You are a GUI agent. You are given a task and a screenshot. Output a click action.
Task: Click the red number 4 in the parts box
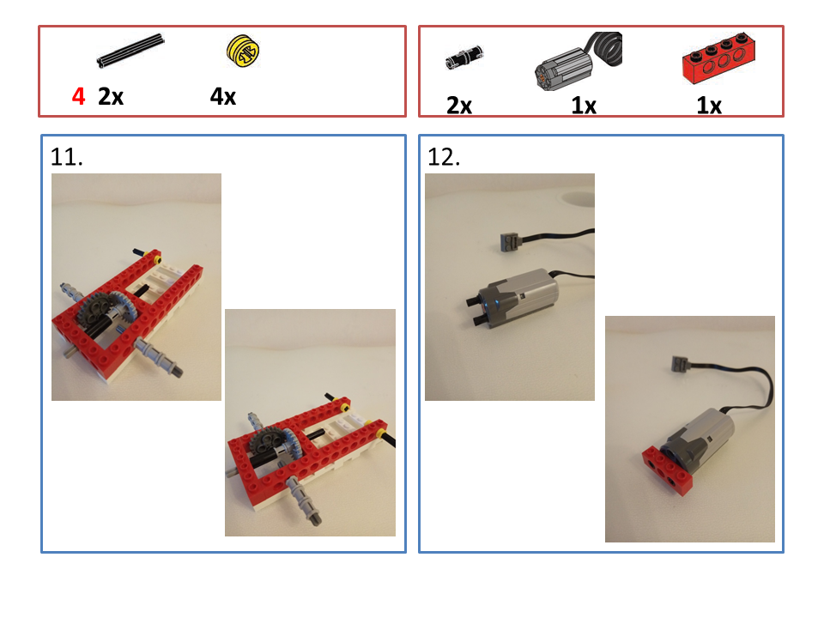[x=78, y=96]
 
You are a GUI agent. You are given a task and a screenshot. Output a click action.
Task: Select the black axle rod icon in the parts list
[x=130, y=51]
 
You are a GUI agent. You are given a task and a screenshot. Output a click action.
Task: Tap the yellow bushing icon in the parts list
[x=243, y=51]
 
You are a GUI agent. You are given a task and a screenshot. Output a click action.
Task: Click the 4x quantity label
[x=223, y=97]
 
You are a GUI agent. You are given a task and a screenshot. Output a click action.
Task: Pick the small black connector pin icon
[x=464, y=57]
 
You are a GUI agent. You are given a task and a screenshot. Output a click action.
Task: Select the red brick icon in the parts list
[x=718, y=58]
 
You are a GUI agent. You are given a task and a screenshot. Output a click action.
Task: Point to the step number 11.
[x=66, y=157]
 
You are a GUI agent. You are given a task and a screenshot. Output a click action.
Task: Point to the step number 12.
[x=444, y=157]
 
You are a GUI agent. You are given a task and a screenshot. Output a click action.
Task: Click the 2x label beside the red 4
[x=111, y=97]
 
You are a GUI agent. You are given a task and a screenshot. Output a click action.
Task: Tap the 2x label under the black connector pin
[x=458, y=106]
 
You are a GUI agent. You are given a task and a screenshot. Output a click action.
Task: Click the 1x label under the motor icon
[x=584, y=106]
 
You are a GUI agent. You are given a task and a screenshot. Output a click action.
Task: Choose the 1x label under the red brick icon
[x=708, y=106]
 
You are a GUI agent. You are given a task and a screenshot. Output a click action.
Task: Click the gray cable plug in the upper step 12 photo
[x=510, y=242]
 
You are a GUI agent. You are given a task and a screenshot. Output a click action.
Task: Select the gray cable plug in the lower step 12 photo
[x=680, y=363]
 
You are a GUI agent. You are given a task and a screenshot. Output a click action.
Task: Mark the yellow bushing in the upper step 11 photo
[x=155, y=260]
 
